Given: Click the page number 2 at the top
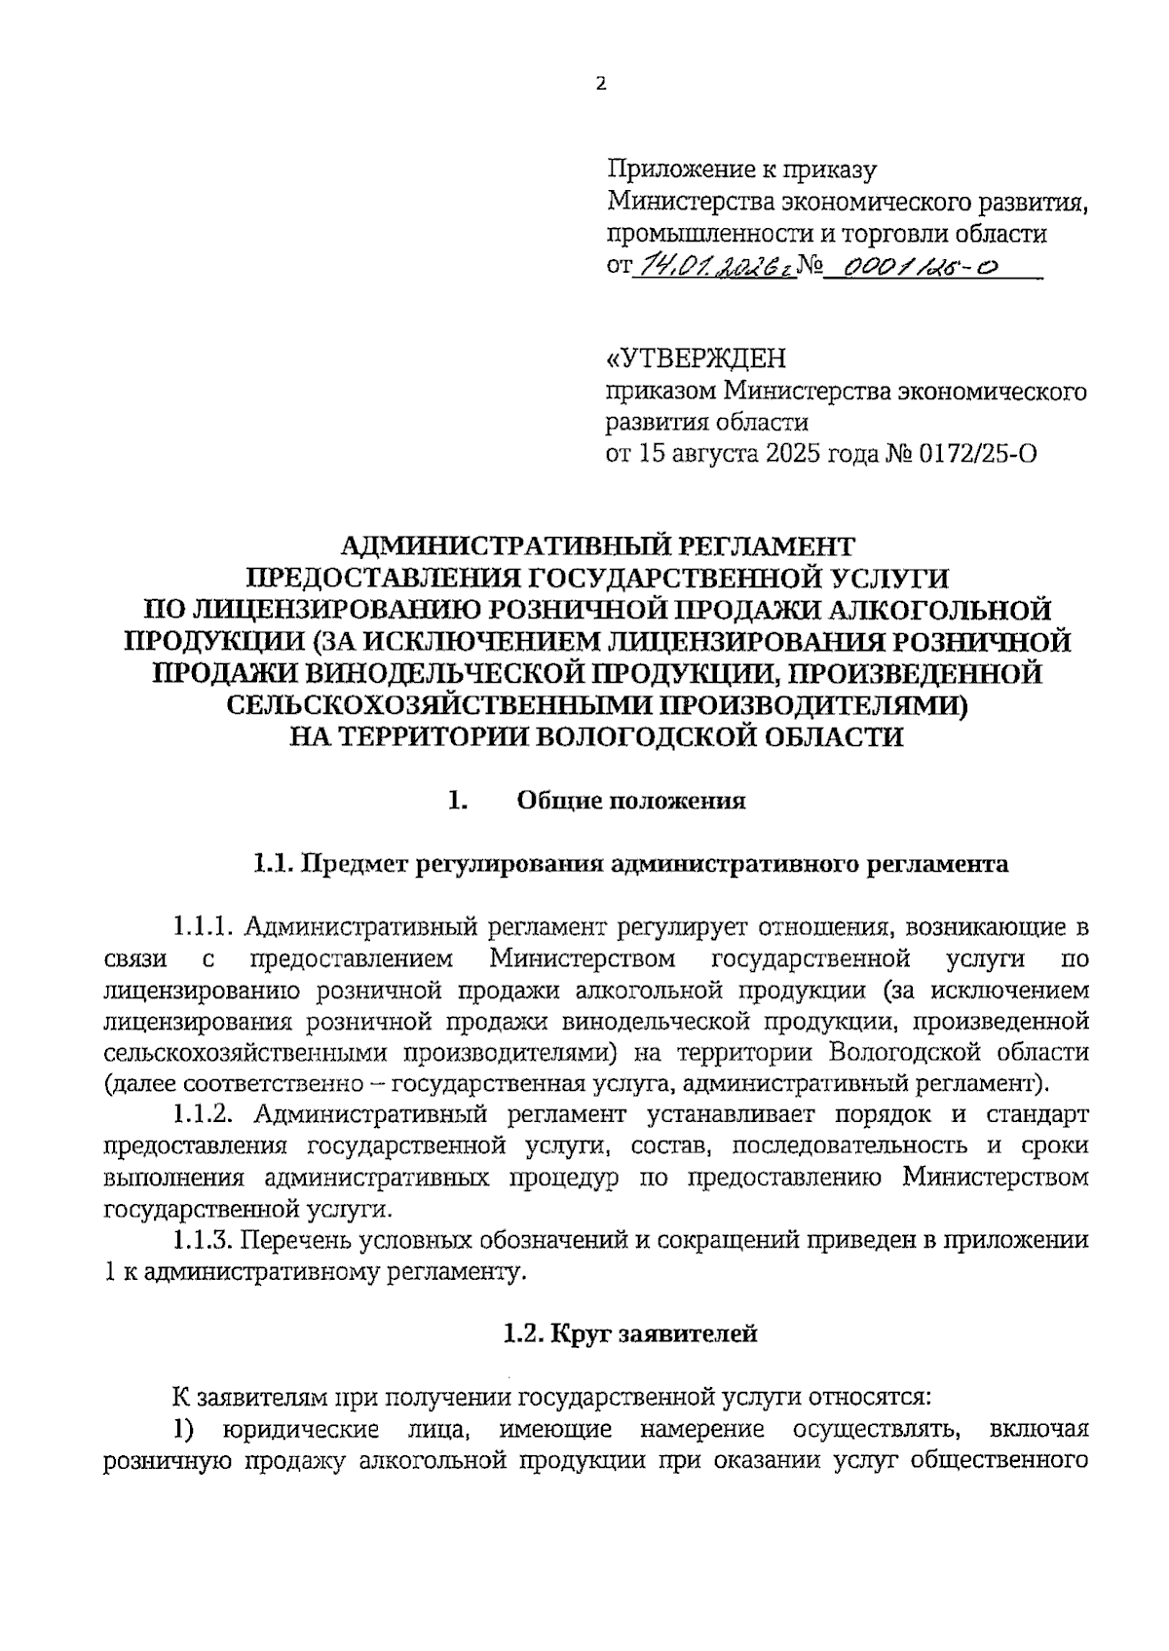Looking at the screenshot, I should click(600, 85).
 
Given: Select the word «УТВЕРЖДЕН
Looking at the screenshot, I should click(696, 359).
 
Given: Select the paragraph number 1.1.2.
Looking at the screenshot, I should click(202, 1113).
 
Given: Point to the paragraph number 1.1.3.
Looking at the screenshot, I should click(202, 1240).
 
